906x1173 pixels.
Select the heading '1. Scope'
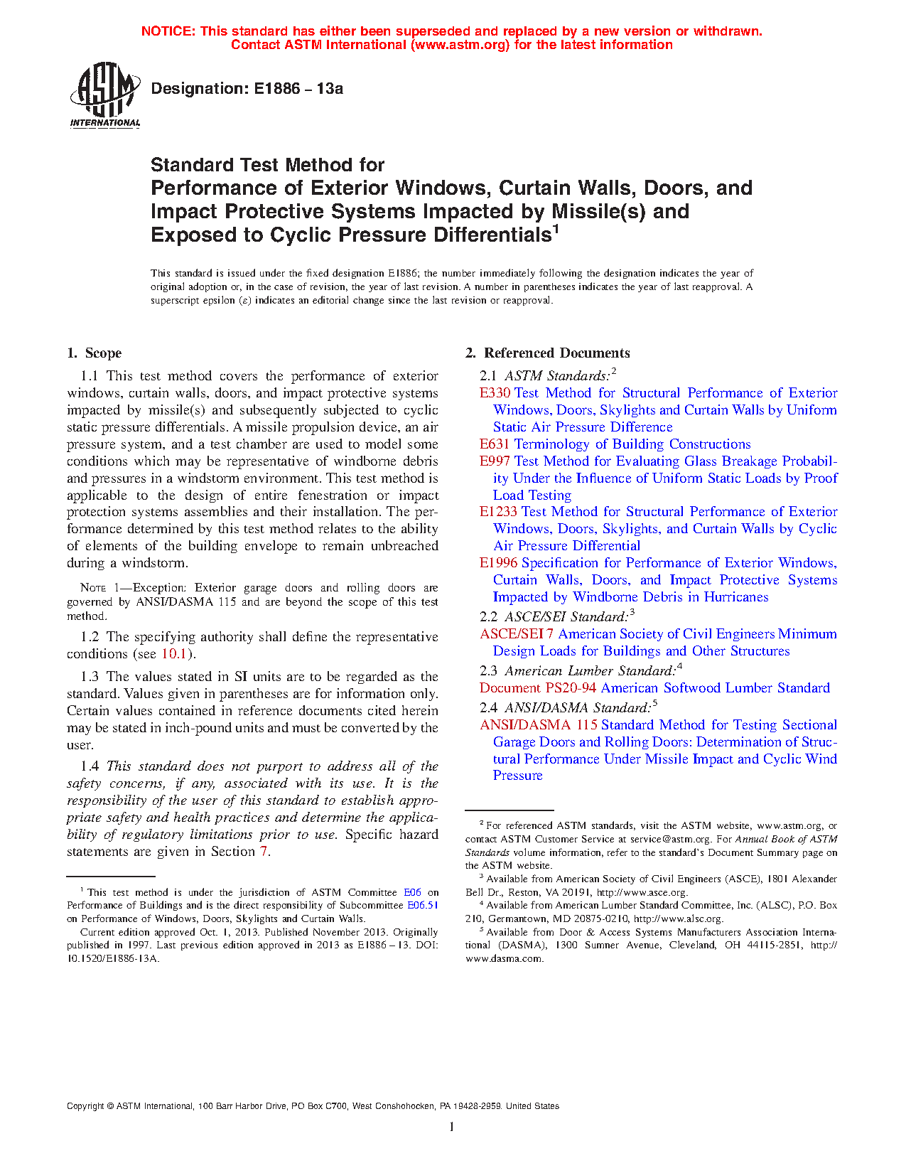95,353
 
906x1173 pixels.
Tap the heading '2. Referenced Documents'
548,353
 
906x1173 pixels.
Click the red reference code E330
495,393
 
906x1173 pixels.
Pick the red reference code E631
495,444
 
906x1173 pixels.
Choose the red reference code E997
495,461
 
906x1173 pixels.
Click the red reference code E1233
498,512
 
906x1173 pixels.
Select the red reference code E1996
498,563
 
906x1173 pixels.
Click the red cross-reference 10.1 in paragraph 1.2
174,654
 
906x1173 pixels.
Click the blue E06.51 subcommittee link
422,906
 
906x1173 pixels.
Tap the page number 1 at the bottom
452,1127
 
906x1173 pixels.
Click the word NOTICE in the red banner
168,31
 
